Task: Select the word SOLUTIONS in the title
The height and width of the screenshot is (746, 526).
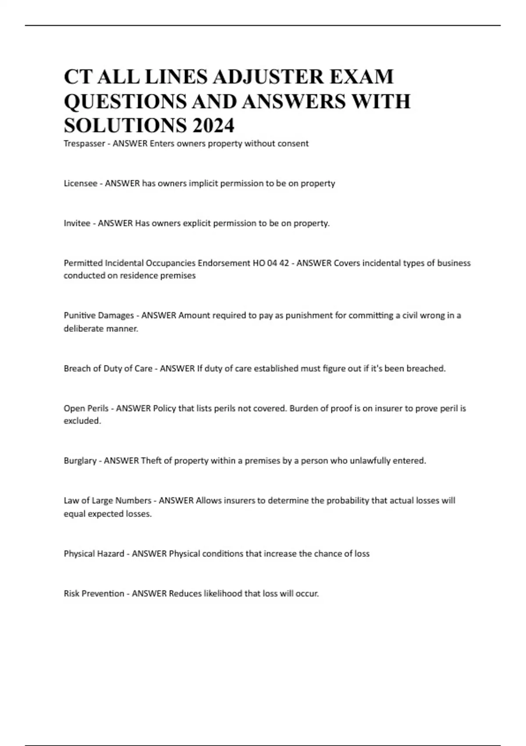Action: pos(125,126)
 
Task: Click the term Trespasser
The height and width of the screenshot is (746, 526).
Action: pos(84,143)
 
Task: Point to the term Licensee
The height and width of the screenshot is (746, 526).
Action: pos(80,183)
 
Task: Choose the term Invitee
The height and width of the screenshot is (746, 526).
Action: pos(77,223)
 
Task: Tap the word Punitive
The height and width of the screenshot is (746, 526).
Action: pos(80,316)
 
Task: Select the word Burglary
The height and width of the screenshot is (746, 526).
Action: pos(80,461)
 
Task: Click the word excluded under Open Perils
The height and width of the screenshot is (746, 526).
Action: pos(82,421)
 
